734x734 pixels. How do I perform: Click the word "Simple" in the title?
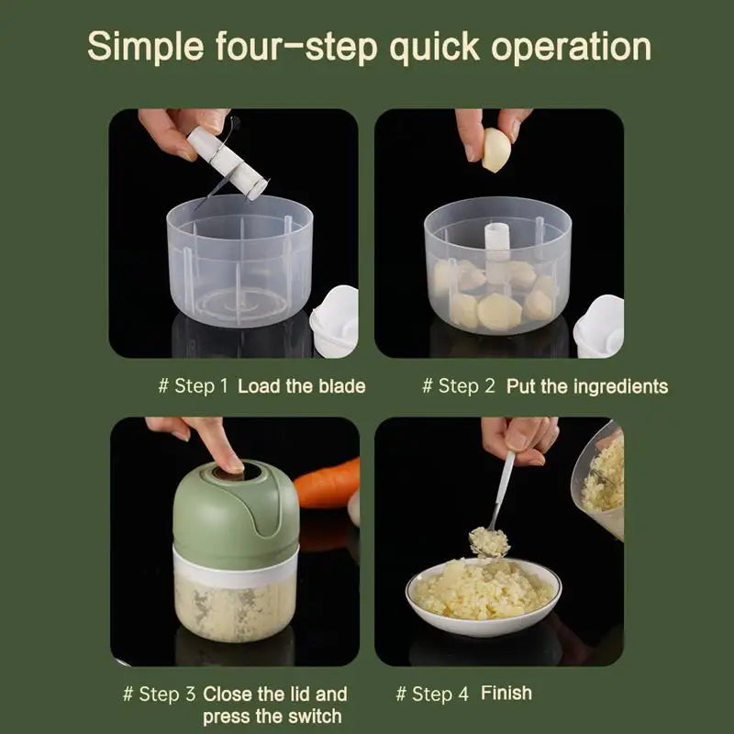coord(146,48)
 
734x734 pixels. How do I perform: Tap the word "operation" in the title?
coord(571,48)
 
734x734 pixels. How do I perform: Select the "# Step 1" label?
coord(193,386)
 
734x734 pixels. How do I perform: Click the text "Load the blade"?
coord(302,386)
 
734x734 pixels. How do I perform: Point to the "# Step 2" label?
coord(458,386)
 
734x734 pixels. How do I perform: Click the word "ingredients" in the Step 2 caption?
coord(621,387)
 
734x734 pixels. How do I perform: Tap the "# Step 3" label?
coord(159,694)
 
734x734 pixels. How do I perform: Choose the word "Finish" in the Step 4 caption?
coord(506,693)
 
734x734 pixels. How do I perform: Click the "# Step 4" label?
coord(432,694)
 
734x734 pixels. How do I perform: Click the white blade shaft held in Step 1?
coord(228,162)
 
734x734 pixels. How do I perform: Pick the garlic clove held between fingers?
coord(495,150)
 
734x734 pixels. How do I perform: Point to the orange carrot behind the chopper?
coord(328,484)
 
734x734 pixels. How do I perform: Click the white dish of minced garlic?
coord(484,597)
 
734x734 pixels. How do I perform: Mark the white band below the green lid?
coord(236,569)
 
